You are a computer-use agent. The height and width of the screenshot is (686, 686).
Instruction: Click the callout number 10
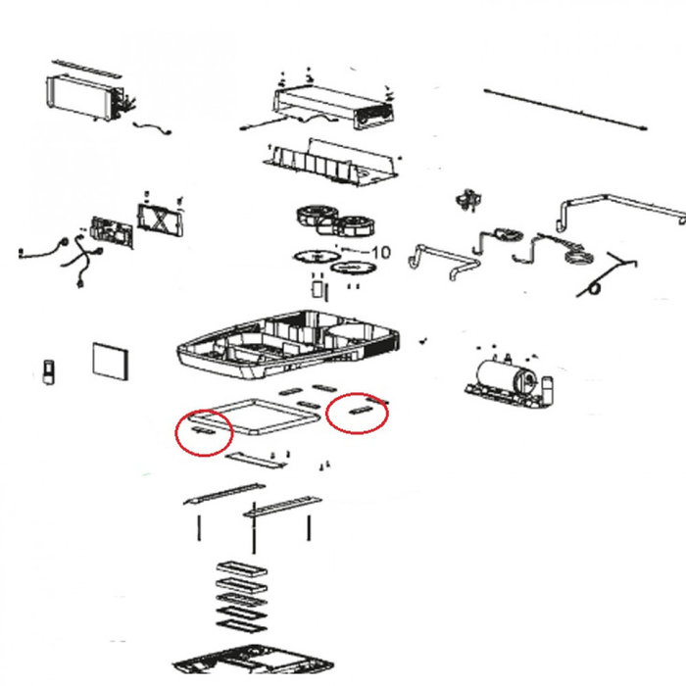[380, 252]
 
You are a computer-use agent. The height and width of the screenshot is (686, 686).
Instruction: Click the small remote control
[48, 371]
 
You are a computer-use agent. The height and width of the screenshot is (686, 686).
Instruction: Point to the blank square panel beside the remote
[111, 362]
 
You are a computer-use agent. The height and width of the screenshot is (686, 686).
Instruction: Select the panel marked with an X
[160, 220]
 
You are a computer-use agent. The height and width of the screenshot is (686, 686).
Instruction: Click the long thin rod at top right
[565, 110]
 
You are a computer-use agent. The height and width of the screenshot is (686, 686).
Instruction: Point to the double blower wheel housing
[336, 220]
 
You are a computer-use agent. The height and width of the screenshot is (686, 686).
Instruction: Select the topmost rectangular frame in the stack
[241, 568]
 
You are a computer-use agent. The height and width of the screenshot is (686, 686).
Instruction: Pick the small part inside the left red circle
[204, 430]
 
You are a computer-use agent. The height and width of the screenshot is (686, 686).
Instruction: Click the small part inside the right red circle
[361, 411]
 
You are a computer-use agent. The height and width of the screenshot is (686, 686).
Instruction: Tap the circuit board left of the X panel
[112, 232]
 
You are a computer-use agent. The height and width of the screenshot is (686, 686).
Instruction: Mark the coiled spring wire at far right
[606, 274]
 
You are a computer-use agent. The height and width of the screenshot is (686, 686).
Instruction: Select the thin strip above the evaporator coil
[86, 69]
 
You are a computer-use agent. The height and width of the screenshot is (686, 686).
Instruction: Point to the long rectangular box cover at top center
[333, 106]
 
